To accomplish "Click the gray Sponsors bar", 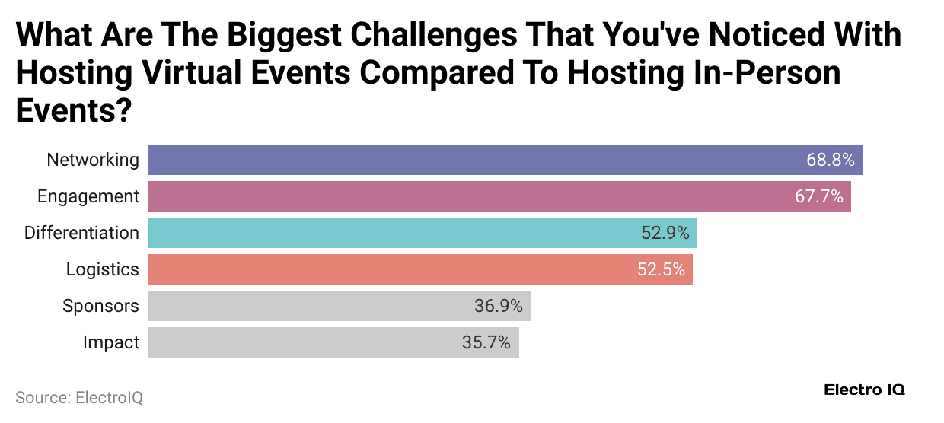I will [x=305, y=306].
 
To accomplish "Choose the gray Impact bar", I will [x=305, y=342].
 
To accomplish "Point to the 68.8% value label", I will [x=831, y=160].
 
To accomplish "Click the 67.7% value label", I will [x=819, y=196].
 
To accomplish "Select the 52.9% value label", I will [x=665, y=233].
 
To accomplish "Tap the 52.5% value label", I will [x=661, y=269].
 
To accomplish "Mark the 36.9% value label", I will [x=499, y=306].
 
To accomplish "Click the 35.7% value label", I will [x=486, y=342].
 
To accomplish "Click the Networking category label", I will [x=93, y=160].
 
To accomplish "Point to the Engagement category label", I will [x=88, y=196].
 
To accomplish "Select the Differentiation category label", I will [x=81, y=233].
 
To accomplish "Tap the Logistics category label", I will [x=103, y=269].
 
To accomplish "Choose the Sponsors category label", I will [x=100, y=306].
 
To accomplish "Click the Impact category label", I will [x=111, y=342].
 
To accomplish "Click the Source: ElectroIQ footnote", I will [x=79, y=397].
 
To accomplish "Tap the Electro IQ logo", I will [x=864, y=390].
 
